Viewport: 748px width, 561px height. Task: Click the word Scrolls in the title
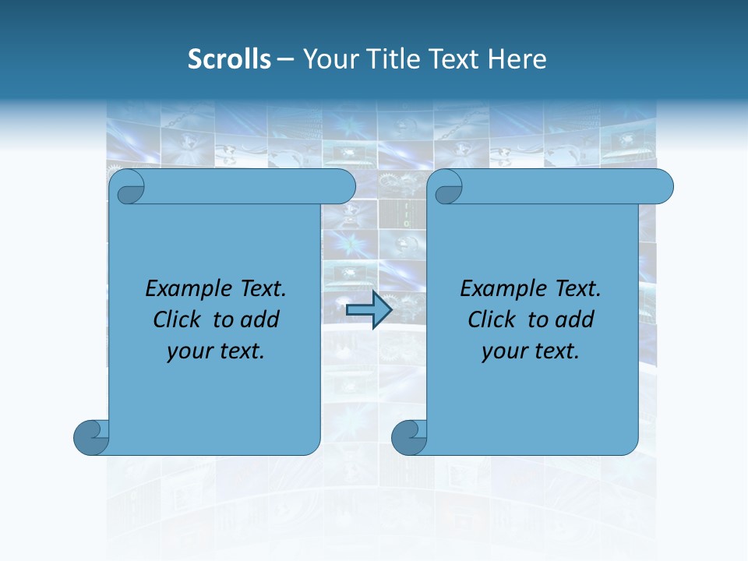(x=229, y=59)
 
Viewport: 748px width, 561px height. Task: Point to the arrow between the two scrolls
(x=369, y=310)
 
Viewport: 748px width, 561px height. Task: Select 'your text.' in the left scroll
(x=216, y=351)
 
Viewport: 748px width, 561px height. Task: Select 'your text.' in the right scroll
(x=531, y=351)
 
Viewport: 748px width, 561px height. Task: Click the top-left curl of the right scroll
(x=447, y=188)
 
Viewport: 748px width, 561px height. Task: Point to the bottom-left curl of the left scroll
(x=90, y=438)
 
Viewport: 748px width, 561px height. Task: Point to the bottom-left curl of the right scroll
(x=408, y=438)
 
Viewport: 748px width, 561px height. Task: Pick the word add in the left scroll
(x=260, y=319)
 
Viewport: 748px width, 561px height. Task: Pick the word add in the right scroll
(x=575, y=319)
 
